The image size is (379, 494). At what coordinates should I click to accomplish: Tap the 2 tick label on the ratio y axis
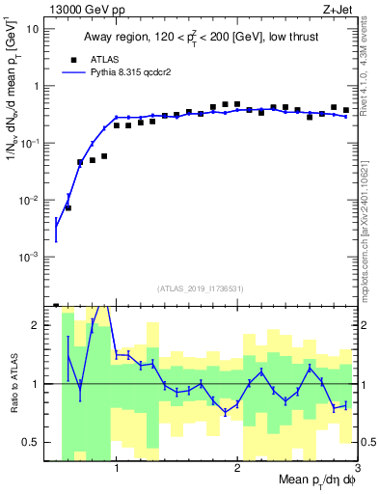click(39, 325)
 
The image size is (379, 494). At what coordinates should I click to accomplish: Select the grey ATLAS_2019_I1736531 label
click(201, 288)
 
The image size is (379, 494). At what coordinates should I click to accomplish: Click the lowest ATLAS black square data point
click(68, 207)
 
